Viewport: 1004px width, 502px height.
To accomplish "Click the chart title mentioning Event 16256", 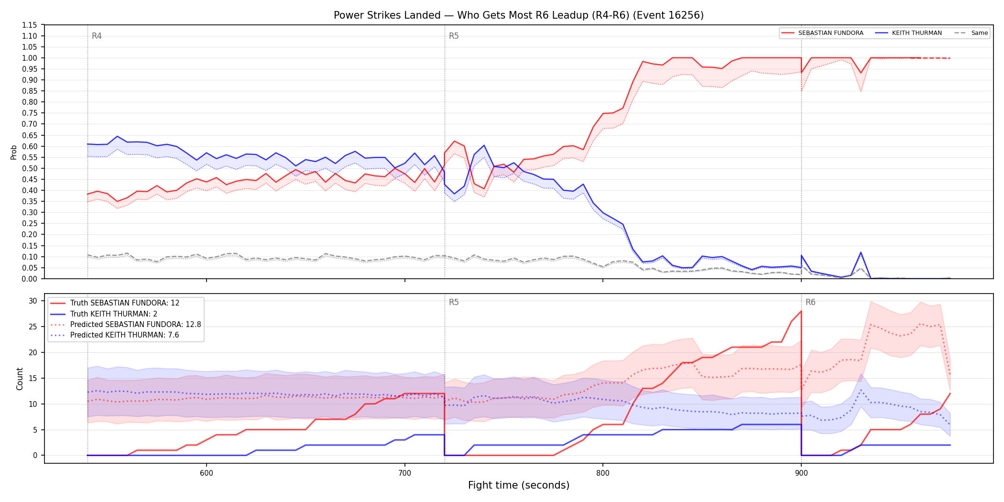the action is (519, 15).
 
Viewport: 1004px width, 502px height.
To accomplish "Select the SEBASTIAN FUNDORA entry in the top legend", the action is (822, 33).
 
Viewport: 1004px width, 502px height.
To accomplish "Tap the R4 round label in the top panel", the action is (97, 36).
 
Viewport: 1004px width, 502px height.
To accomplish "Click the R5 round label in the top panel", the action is (454, 36).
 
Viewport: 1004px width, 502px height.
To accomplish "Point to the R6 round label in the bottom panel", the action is (810, 302).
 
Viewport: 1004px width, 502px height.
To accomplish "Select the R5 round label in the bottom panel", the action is (454, 302).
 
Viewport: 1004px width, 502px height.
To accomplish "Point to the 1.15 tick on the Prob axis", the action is (30, 25).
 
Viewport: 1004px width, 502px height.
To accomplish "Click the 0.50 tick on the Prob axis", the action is (30, 168).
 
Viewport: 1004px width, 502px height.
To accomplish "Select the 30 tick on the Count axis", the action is (33, 301).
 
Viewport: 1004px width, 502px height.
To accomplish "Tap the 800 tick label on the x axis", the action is (603, 473).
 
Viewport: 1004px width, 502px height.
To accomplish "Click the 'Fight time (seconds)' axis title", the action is (519, 485).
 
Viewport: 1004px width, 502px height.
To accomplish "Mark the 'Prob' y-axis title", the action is (13, 152).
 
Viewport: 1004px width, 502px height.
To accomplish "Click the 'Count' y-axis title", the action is (20, 379).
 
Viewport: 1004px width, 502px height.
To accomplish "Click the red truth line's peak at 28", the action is (801, 311).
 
